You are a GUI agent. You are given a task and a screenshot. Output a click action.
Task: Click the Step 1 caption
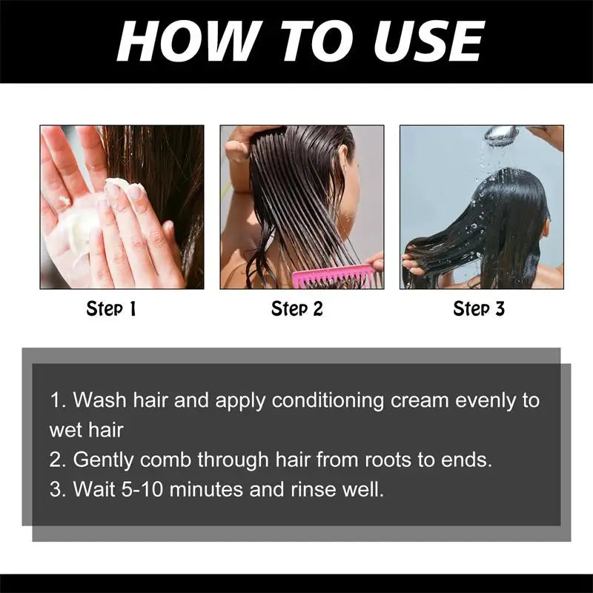coord(111,308)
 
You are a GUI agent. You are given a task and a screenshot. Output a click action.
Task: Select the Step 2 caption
coord(297,308)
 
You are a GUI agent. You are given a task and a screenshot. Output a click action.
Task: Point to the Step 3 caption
coord(479,308)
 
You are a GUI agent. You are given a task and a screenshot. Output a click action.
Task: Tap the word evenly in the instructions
coord(486,401)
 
